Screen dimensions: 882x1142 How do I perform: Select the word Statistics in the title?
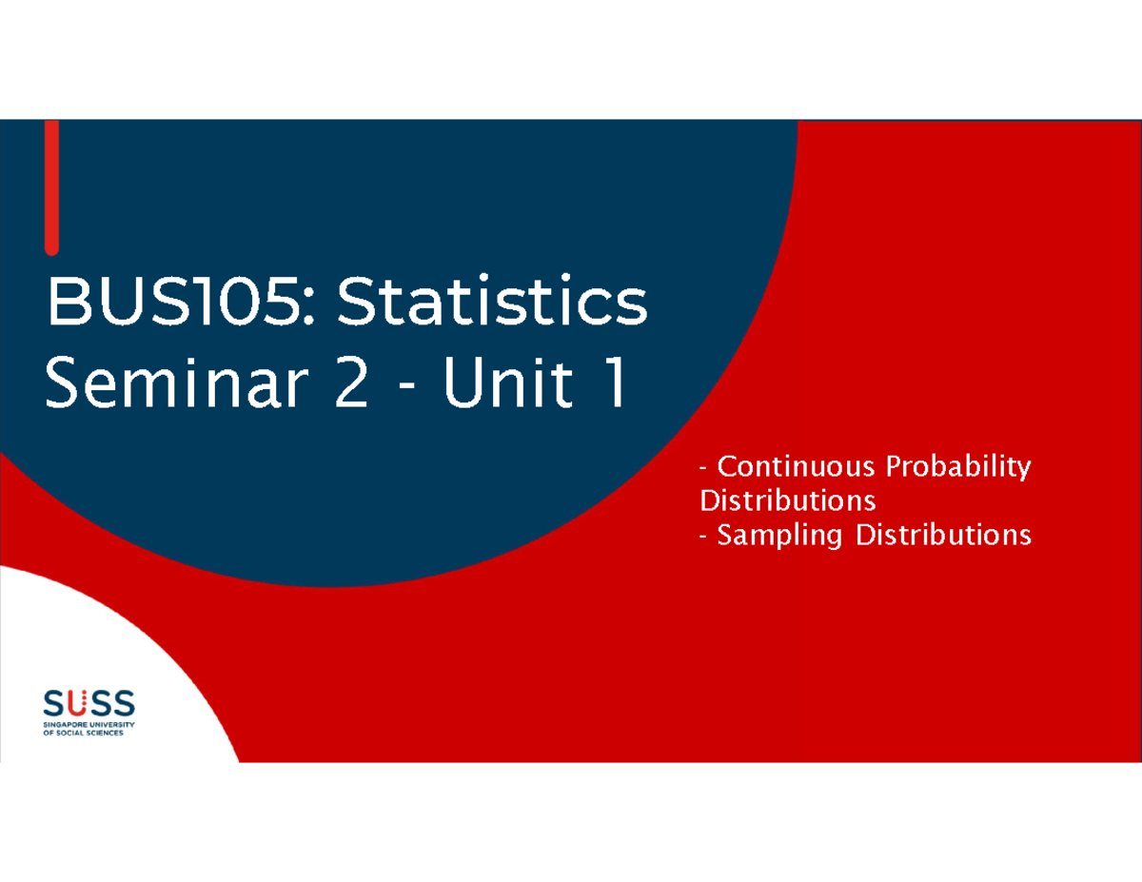click(x=492, y=304)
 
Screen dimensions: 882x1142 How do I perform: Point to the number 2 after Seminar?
click(x=349, y=385)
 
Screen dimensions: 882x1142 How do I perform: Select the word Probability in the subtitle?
click(x=958, y=467)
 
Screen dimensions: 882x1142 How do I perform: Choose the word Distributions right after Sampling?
click(x=943, y=536)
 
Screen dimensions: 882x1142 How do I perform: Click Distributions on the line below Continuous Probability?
click(x=787, y=500)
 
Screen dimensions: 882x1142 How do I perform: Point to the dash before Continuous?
click(x=703, y=469)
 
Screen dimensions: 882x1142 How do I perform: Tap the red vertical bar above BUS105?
click(x=51, y=186)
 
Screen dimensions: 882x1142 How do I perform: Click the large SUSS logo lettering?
click(x=89, y=705)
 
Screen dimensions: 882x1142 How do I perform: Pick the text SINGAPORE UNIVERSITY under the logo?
click(x=89, y=725)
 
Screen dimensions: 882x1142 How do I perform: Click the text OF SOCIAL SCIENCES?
click(x=84, y=734)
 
